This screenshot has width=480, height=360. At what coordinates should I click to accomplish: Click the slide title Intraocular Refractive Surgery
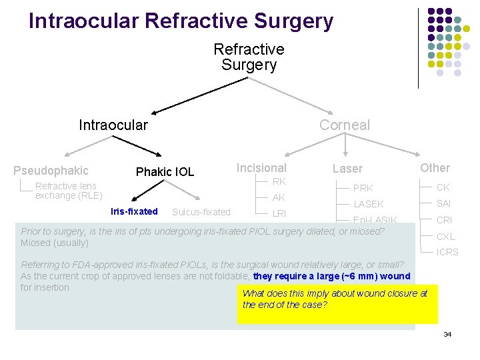(x=181, y=21)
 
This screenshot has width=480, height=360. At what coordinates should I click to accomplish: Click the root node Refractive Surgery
(x=249, y=57)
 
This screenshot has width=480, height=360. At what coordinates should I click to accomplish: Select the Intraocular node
(x=113, y=125)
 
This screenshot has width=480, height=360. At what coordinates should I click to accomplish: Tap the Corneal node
(x=344, y=125)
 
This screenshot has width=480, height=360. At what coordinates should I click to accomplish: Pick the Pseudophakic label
(x=51, y=171)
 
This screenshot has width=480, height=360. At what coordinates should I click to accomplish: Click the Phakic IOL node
(x=165, y=172)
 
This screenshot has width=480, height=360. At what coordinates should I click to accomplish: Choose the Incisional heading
(x=261, y=168)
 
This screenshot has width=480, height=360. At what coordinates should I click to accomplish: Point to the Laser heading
(x=347, y=169)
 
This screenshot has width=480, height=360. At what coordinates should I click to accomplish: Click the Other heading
(x=435, y=168)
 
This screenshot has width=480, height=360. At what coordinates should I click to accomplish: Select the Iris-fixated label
(x=134, y=212)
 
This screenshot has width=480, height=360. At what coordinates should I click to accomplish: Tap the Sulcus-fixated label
(x=201, y=213)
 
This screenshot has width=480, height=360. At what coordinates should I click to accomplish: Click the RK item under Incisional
(x=279, y=181)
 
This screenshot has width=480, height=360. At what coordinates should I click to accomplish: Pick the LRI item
(x=279, y=214)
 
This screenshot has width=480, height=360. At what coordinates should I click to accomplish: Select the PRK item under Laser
(x=363, y=188)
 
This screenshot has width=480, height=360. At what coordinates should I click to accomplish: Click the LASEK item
(x=368, y=205)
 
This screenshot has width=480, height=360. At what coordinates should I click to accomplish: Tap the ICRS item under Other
(x=447, y=252)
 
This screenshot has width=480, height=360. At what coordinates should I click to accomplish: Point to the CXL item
(x=446, y=237)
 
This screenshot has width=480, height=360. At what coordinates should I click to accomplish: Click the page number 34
(x=447, y=334)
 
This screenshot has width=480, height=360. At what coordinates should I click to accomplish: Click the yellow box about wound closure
(x=337, y=304)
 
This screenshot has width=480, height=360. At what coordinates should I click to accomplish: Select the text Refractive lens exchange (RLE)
(x=68, y=191)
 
